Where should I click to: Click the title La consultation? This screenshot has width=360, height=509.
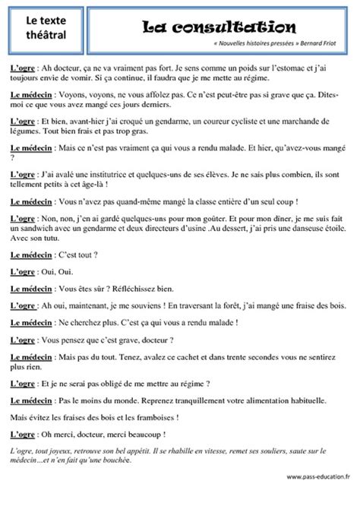(219, 27)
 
